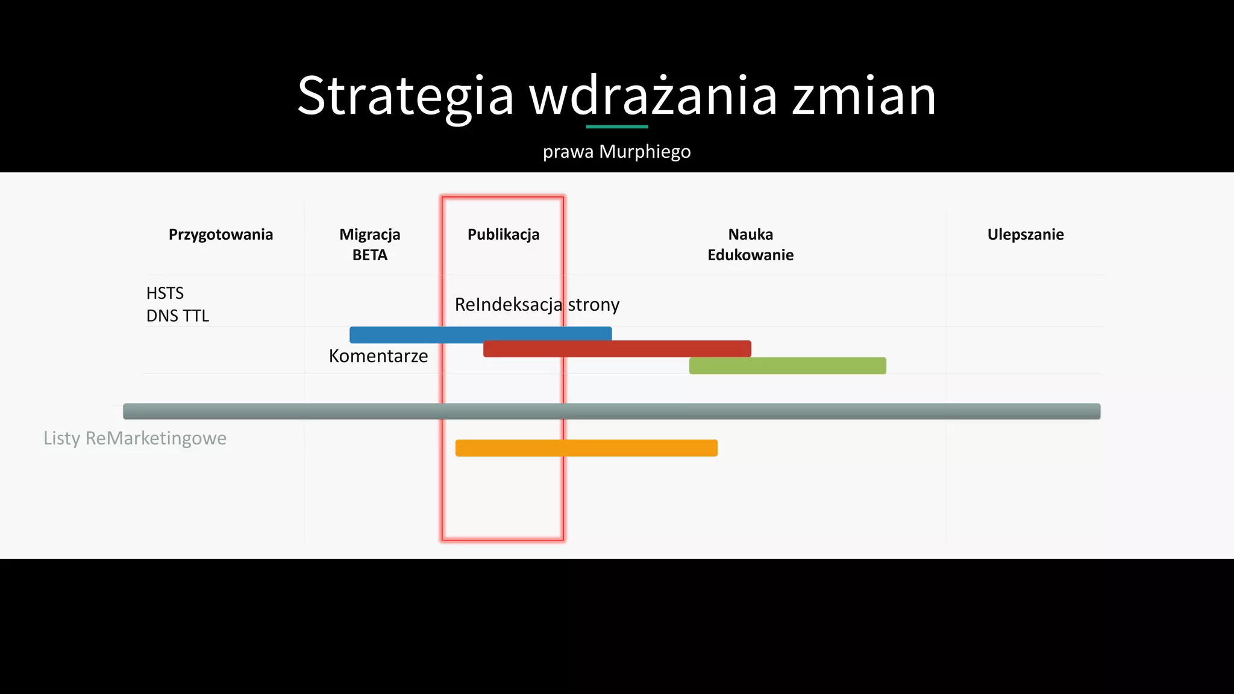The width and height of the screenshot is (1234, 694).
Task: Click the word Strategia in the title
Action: tap(405, 96)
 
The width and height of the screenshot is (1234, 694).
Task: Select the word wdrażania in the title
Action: tap(653, 96)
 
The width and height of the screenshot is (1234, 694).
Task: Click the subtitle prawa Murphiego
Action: tap(616, 151)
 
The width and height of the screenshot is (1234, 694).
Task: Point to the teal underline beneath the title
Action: tap(616, 127)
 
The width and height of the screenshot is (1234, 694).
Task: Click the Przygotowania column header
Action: tap(221, 234)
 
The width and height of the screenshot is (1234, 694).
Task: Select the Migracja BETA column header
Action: tap(369, 244)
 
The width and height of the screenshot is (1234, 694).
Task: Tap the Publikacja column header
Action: tap(503, 234)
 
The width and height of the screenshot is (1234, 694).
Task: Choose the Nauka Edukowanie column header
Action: tap(750, 244)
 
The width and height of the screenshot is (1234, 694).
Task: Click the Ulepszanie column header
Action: tap(1025, 234)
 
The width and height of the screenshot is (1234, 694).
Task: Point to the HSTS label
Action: tap(164, 293)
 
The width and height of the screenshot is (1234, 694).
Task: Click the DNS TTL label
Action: tap(177, 316)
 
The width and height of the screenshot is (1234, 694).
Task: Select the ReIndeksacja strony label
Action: tap(536, 304)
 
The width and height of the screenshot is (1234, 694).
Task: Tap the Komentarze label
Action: tap(378, 356)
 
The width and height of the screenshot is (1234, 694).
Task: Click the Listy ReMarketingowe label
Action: tap(135, 438)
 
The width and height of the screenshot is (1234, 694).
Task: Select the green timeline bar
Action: tap(787, 366)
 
